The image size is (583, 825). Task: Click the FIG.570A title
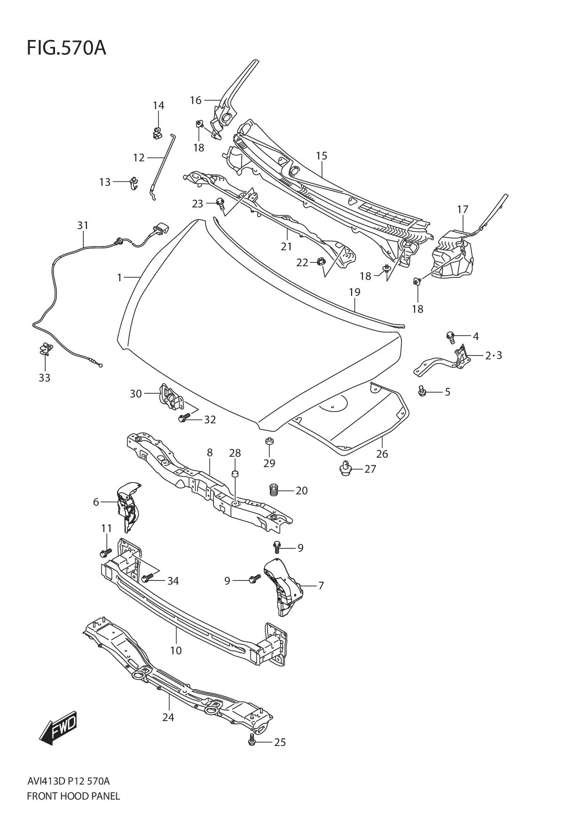pos(66,48)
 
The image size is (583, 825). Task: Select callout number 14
pos(158,105)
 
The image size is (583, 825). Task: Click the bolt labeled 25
pos(252,742)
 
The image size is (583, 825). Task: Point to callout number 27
pos(370,469)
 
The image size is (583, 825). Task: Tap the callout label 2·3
pos(493,356)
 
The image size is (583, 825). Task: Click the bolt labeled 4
pos(450,336)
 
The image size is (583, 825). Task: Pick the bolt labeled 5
pos(422,391)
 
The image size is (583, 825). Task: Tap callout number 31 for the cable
pos(83,226)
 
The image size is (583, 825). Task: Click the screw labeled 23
pos(220,203)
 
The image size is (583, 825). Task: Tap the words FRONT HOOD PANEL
pos(73,796)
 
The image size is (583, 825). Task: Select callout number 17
pos(463,209)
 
